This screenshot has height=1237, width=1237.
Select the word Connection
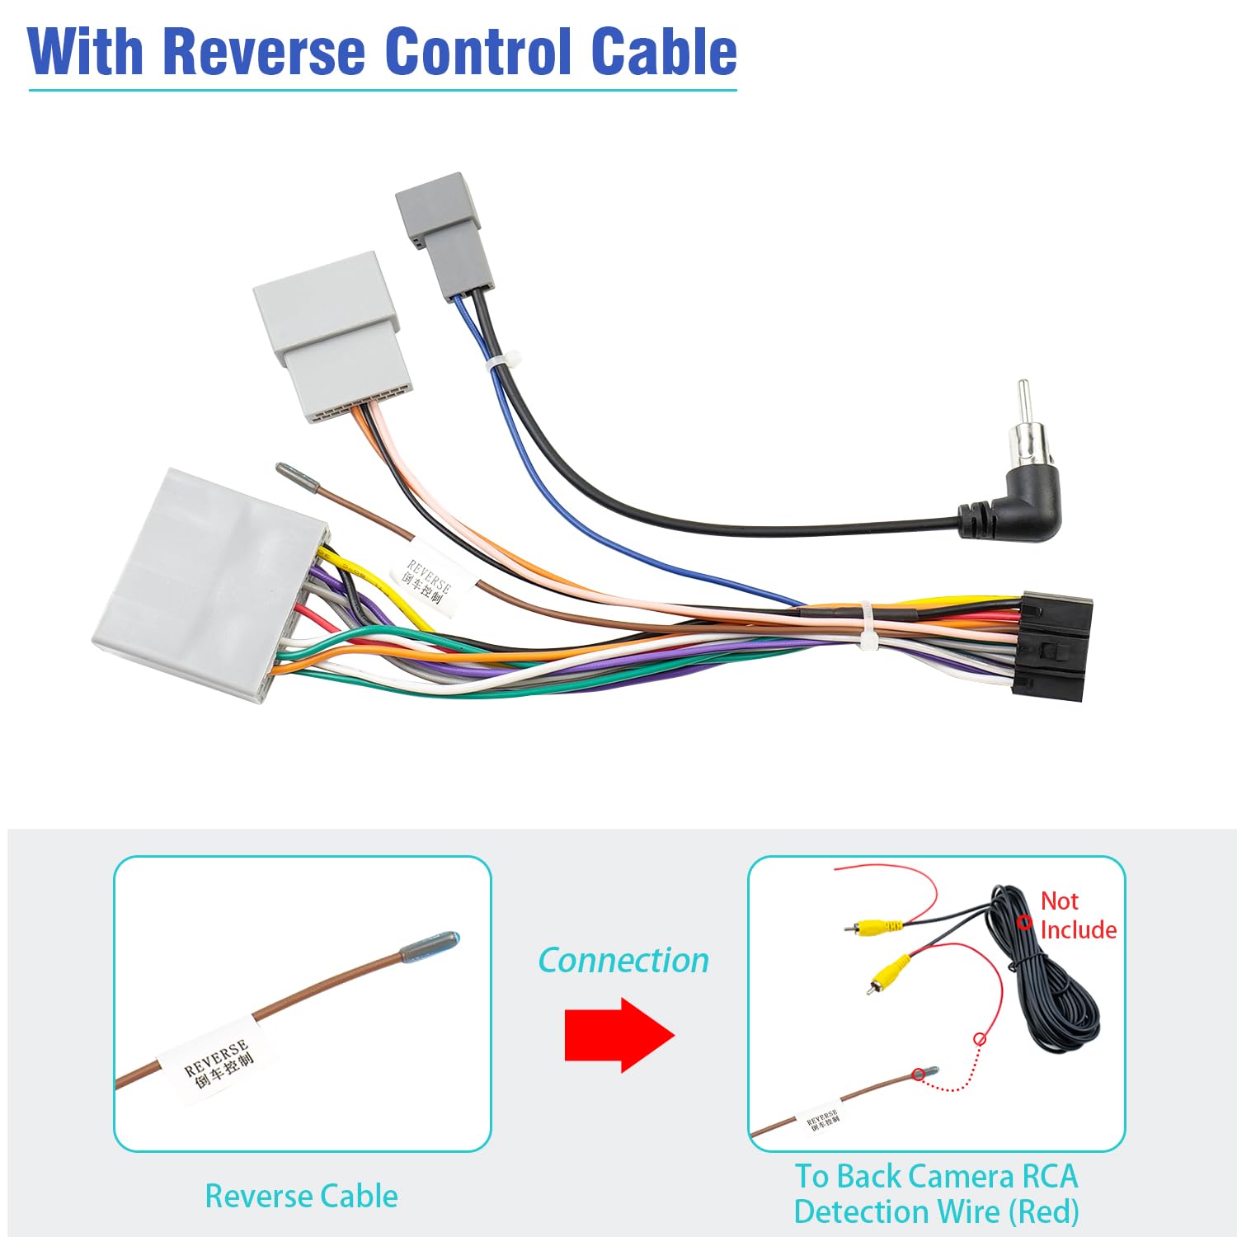[623, 961]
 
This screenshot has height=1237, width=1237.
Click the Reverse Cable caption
[301, 1196]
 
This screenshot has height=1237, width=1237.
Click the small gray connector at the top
[443, 235]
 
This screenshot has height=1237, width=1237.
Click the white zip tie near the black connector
[869, 627]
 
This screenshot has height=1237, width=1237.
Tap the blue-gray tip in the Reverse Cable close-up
[430, 948]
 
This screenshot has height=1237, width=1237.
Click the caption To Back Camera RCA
[936, 1176]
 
